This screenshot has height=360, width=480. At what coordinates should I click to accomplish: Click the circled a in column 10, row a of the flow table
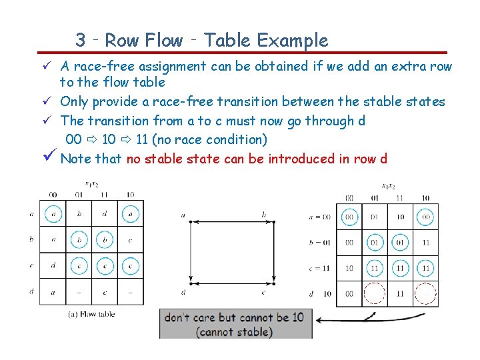pos(131,214)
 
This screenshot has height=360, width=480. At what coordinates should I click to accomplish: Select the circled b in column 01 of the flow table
pos(79,239)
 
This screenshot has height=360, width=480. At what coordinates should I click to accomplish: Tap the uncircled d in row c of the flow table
pos(53,265)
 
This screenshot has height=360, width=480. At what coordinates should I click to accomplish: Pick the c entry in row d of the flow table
pos(105,291)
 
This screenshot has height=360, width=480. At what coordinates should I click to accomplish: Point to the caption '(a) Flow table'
pos(93,314)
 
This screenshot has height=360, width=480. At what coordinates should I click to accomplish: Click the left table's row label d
pos(31,291)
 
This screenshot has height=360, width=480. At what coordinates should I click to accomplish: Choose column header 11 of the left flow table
pos(105,194)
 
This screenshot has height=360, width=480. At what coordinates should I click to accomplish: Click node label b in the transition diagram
pos(265,215)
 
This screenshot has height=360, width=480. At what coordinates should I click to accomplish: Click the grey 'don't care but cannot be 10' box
pos(234,323)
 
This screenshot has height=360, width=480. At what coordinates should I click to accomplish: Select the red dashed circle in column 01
pos(375,293)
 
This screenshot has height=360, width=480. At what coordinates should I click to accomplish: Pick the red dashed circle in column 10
pos(425,293)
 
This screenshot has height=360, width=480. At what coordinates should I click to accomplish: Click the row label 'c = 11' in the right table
pos(320,268)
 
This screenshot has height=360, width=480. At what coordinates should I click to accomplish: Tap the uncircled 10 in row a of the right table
pos(400,217)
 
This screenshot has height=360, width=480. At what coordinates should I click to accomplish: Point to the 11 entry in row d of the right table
pos(400,293)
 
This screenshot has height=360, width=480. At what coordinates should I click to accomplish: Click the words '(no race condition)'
pos(210,139)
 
